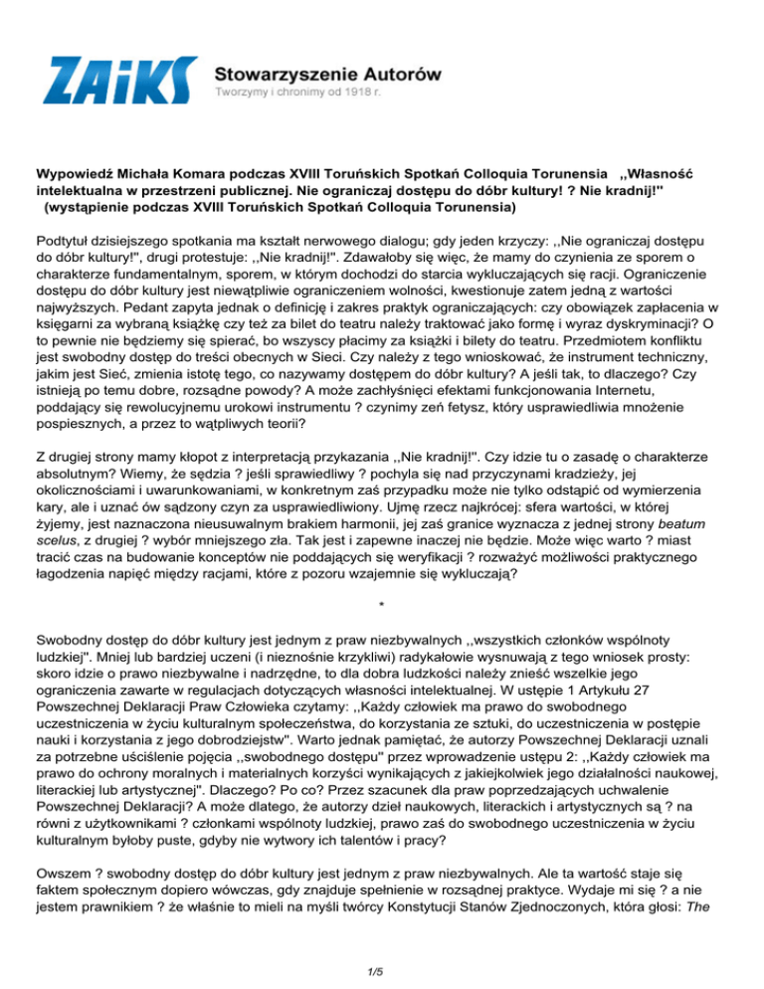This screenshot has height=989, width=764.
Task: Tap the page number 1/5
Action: [x=381, y=957]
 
